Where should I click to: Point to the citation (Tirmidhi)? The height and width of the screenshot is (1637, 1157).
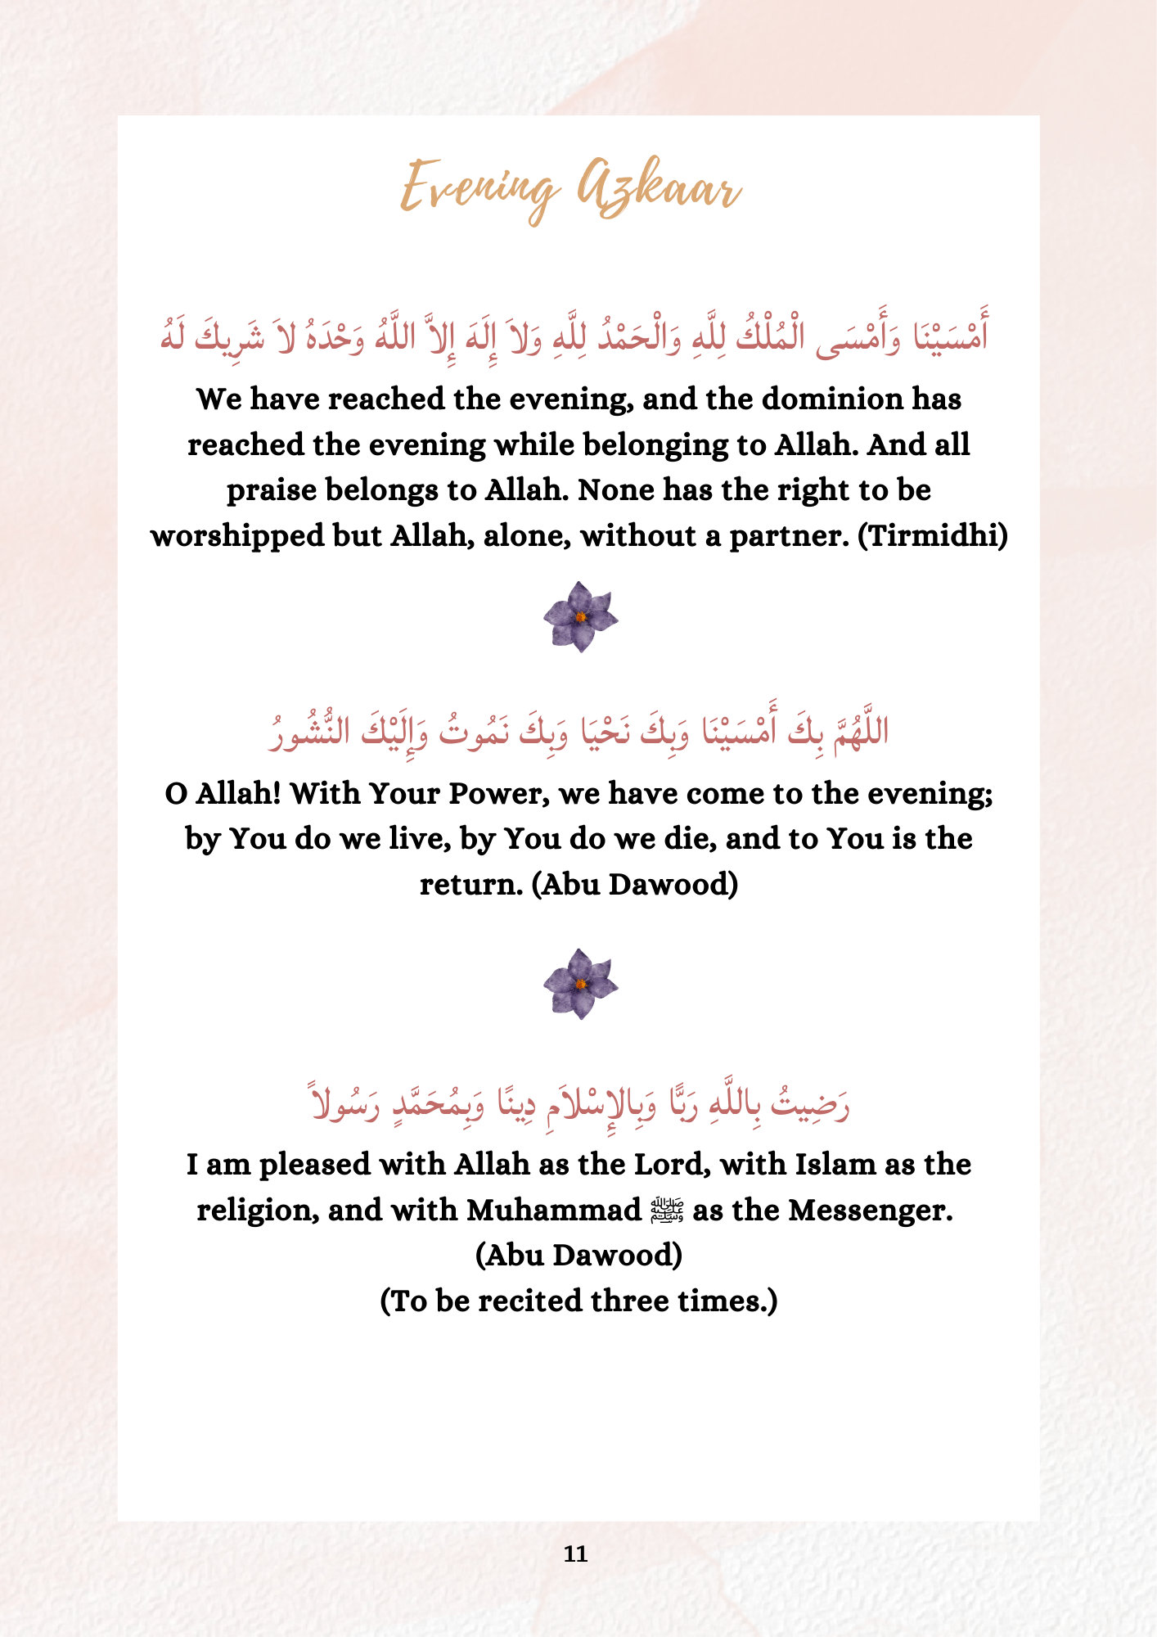932,536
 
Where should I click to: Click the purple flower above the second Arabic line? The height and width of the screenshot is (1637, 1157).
580,616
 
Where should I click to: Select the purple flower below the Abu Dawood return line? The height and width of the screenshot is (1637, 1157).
580,984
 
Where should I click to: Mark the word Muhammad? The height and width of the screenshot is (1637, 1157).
553,1211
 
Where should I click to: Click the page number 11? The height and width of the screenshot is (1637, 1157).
576,1554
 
